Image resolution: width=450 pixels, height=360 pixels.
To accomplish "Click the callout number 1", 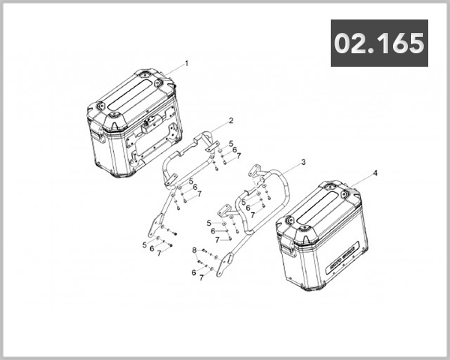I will tap(186, 64).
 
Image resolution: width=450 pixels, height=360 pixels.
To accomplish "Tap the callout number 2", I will tap(231, 121).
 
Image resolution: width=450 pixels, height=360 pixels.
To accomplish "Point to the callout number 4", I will tap(375, 173).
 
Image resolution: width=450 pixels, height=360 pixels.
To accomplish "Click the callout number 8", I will tap(193, 250).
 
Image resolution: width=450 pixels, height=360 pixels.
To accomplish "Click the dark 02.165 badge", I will tap(380, 43).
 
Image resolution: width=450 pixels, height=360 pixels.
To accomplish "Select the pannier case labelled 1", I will tap(135, 124).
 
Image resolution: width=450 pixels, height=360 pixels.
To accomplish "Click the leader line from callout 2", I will tap(217, 127).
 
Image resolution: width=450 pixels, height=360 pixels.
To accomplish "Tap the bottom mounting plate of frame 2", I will tap(156, 226).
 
